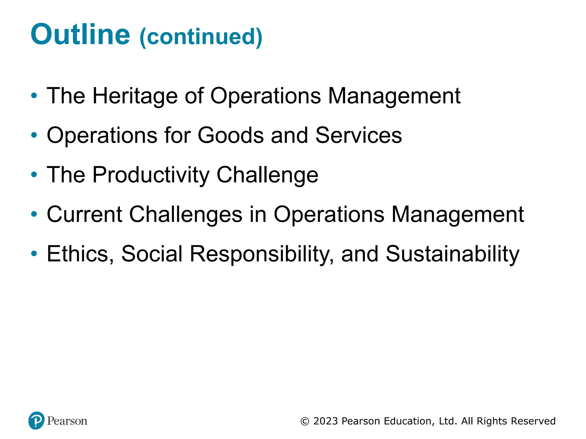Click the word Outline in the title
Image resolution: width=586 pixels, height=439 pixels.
click(x=80, y=34)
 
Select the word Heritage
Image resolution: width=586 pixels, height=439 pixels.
click(x=135, y=96)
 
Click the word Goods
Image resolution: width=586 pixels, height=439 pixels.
click(x=230, y=135)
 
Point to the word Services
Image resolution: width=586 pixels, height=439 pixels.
click(x=359, y=135)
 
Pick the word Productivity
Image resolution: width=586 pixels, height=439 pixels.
click(x=151, y=175)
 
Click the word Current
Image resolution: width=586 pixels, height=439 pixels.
click(x=84, y=214)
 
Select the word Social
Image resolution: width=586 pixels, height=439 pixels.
click(x=152, y=254)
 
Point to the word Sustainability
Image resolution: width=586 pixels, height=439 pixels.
click(x=452, y=254)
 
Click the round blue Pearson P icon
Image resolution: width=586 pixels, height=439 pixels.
click(x=37, y=420)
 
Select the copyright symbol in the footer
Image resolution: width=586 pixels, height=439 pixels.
click(x=305, y=421)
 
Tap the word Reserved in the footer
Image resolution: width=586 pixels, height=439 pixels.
click(x=533, y=421)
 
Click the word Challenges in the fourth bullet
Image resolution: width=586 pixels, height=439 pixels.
click(x=186, y=214)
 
